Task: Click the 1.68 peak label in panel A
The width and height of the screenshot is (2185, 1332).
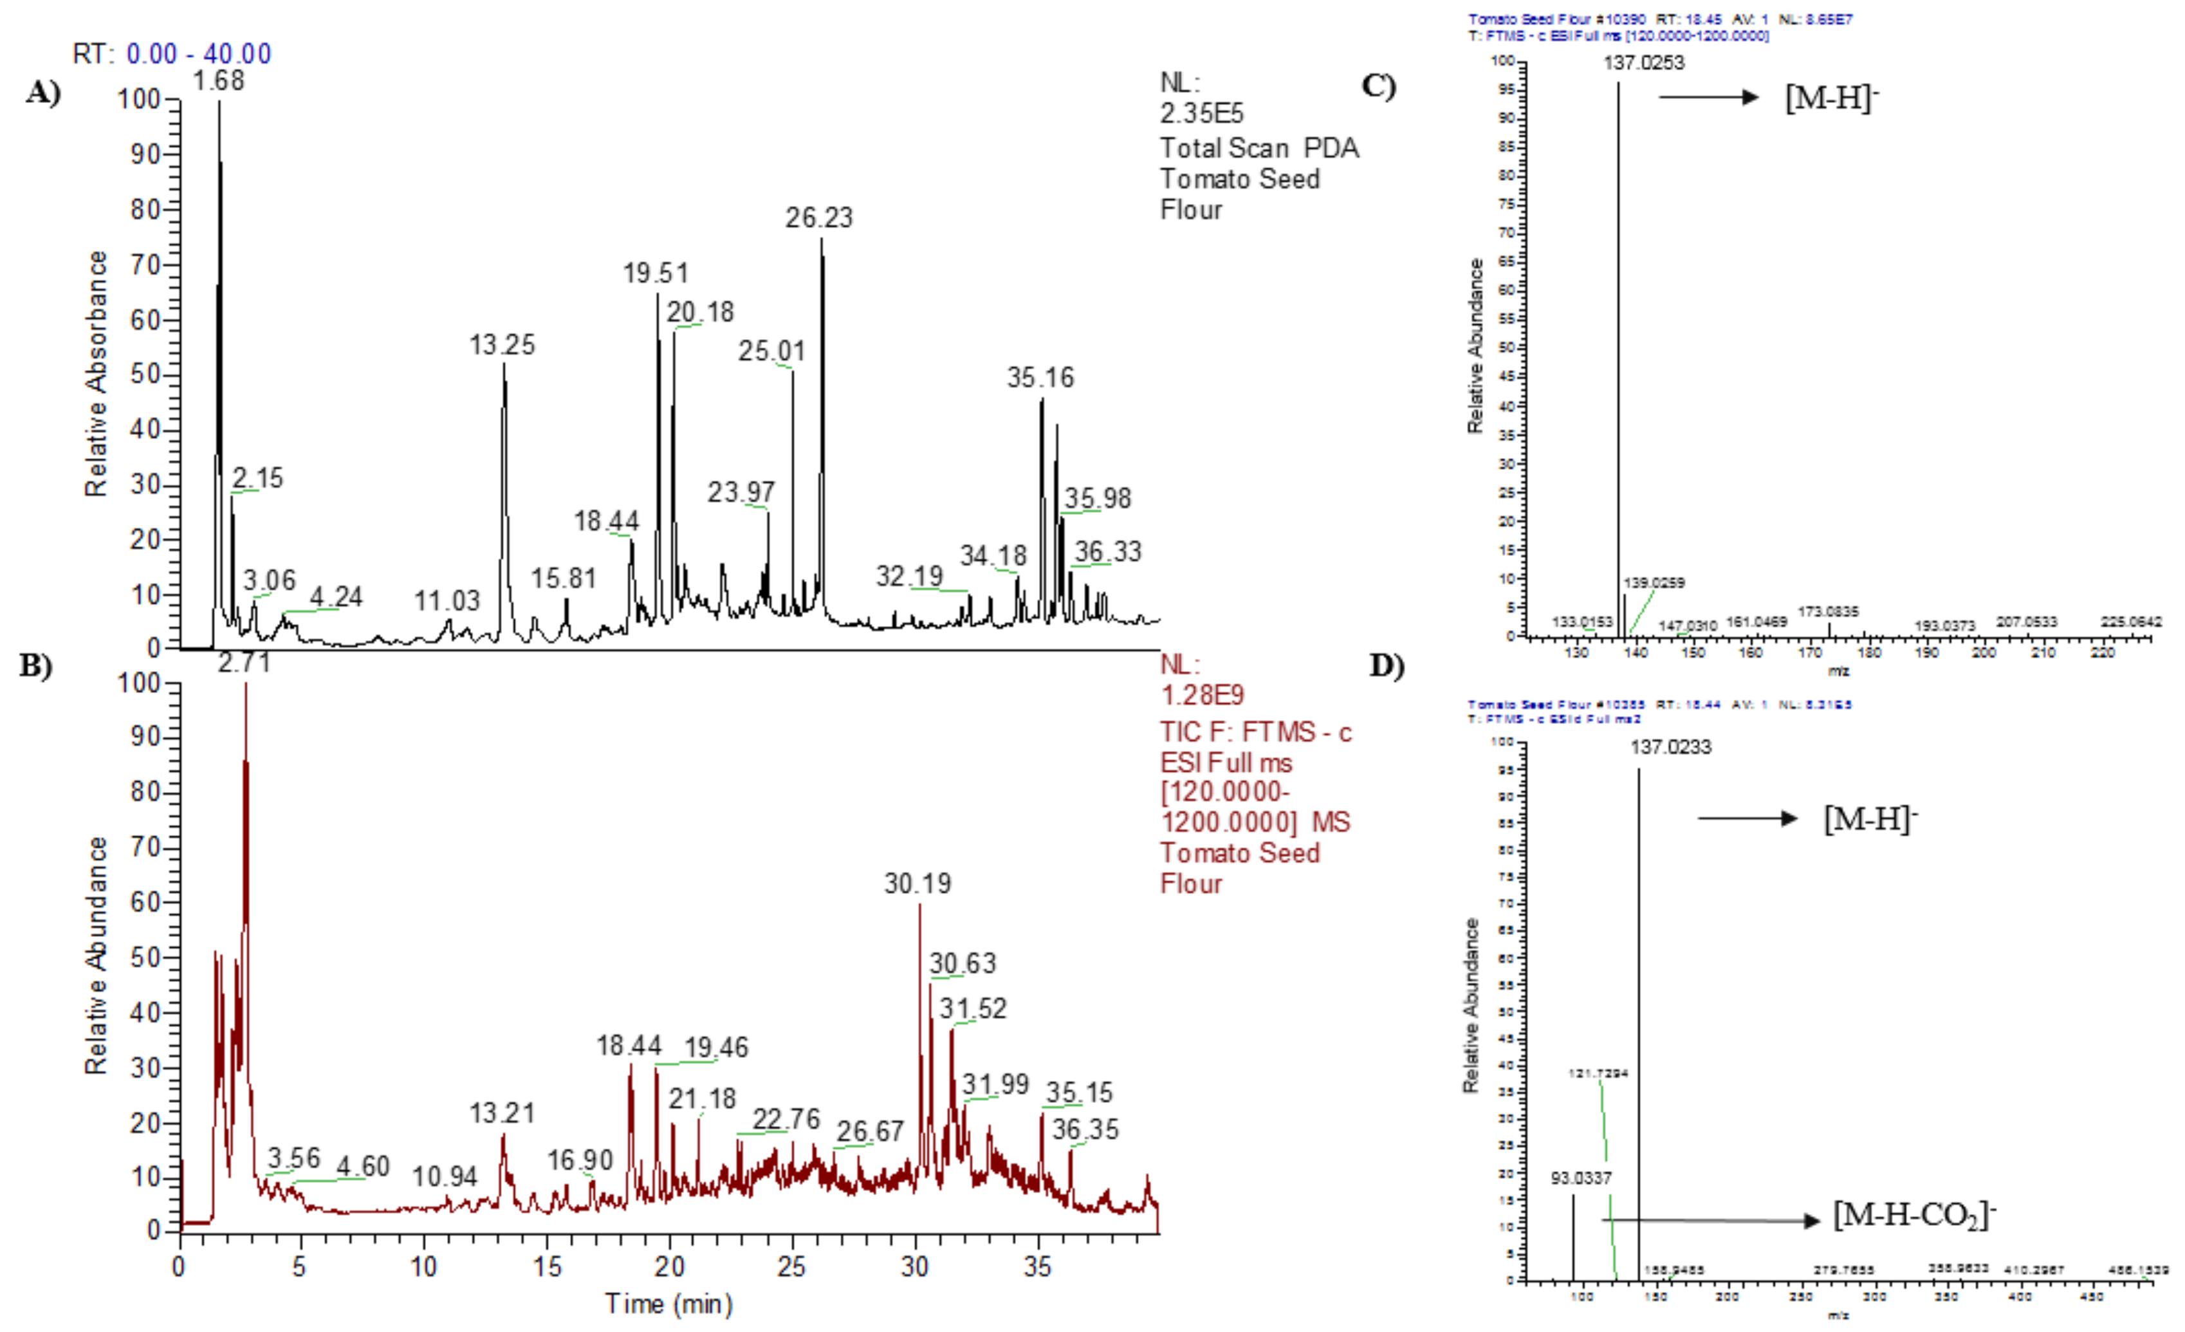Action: (218, 80)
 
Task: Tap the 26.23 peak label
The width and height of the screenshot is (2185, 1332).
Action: (818, 218)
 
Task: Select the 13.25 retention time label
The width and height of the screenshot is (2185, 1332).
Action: (502, 345)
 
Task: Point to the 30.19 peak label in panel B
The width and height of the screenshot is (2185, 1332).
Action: (917, 883)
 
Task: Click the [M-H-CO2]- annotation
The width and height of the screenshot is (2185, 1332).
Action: (1913, 1214)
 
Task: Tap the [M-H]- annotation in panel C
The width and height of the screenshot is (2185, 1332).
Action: (1831, 98)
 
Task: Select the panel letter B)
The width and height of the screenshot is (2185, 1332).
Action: (35, 665)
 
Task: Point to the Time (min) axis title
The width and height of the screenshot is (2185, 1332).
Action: (668, 1304)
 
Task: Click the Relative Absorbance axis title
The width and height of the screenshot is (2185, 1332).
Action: (96, 373)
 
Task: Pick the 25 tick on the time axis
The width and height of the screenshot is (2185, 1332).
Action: (791, 1266)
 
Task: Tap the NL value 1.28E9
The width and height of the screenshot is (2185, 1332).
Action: (1202, 695)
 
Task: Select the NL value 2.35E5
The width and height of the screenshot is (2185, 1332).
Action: (1202, 113)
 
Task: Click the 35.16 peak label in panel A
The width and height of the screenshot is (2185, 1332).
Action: (1040, 378)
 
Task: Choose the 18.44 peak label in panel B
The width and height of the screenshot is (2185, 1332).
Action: (629, 1046)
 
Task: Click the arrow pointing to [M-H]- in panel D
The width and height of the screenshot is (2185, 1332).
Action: (1746, 818)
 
